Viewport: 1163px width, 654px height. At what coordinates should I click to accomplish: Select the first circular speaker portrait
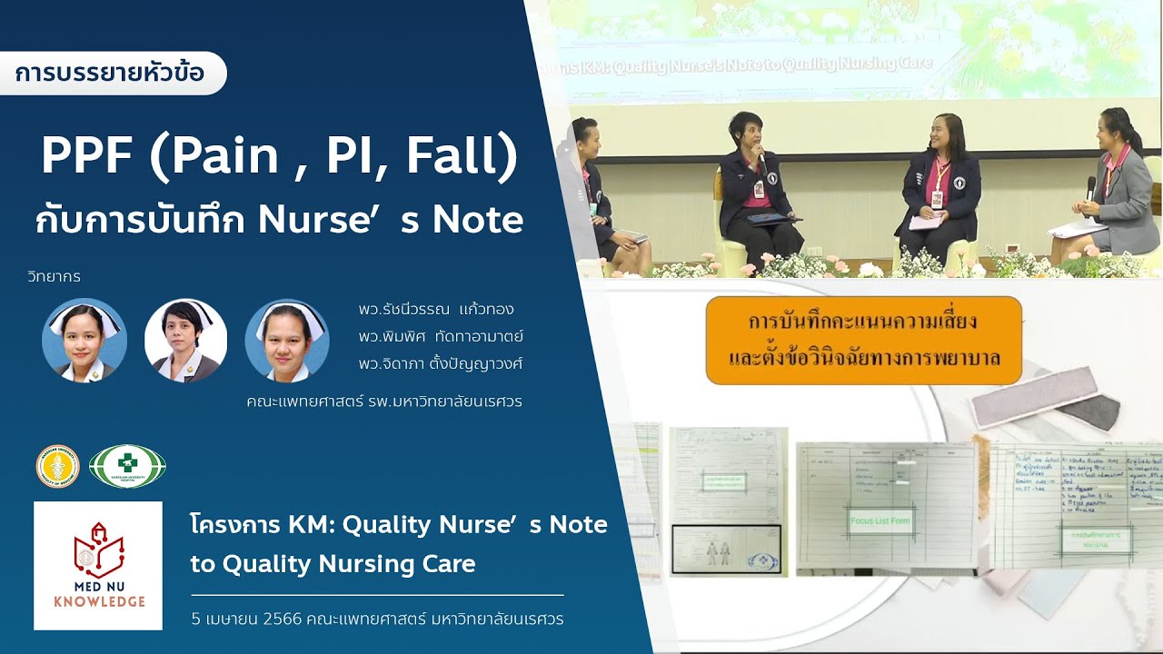(84, 340)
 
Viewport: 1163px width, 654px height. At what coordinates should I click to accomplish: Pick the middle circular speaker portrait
(185, 340)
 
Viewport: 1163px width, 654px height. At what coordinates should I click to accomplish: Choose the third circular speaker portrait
(287, 340)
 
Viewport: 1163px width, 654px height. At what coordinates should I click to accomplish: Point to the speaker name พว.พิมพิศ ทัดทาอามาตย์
(441, 337)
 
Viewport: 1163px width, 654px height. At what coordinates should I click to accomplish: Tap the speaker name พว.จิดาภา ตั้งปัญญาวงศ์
(441, 363)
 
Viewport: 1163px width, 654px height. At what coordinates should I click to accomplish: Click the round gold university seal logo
(57, 466)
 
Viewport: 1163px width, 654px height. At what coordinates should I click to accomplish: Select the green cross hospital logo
(127, 466)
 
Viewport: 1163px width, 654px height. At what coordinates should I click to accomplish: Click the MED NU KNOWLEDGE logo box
(98, 565)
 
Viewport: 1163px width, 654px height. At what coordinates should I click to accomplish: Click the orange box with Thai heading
(863, 340)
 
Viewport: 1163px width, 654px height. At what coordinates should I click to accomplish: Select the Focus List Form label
(880, 521)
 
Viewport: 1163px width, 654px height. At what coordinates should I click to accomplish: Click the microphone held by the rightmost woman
(1091, 187)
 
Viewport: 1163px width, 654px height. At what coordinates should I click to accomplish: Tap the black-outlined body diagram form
(726, 550)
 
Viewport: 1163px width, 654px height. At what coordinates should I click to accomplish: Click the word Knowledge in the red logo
(98, 601)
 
